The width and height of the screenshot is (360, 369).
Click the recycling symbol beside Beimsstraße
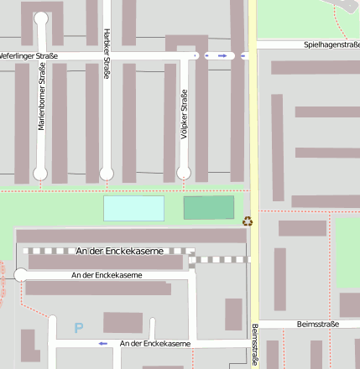coord(248,221)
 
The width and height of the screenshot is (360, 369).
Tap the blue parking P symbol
coord(79,328)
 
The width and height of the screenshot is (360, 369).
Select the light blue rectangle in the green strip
coord(133,208)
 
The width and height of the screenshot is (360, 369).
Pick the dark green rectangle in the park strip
coord(209,208)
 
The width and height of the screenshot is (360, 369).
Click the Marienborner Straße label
coord(40,98)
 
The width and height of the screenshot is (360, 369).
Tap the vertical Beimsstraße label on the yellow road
coord(254,345)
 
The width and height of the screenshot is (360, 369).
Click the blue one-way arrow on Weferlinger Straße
coord(222,55)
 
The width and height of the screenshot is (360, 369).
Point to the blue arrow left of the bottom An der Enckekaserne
coord(103,343)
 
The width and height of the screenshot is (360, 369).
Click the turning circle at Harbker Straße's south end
coord(107,174)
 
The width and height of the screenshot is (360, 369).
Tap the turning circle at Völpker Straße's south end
coord(182,174)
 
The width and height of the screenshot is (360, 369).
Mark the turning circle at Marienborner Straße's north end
coord(41,18)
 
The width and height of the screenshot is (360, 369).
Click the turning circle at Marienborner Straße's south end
coord(40,174)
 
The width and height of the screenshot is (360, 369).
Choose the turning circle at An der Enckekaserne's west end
coord(21,275)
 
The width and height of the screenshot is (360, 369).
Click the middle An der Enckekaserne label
coord(107,275)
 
